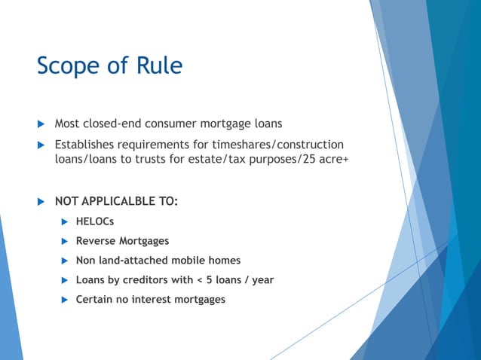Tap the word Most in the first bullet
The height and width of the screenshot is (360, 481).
coord(69,124)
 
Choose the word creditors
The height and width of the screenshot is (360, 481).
coord(148,280)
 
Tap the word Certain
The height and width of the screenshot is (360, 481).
coord(96,300)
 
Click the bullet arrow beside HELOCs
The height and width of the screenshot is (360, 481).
coord(65,222)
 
